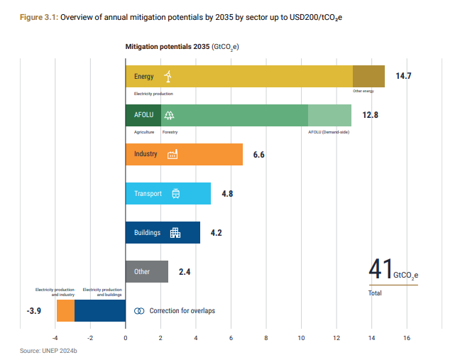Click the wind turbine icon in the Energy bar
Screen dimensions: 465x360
tap(168, 76)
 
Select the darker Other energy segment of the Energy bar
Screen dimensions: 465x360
tap(368, 76)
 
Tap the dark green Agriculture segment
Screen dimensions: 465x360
tap(143, 115)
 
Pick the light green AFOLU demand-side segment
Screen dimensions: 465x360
tap(329, 115)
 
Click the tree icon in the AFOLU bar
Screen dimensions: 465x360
tap(169, 115)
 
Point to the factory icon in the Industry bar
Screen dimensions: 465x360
tap(173, 154)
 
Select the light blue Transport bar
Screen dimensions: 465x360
tap(168, 193)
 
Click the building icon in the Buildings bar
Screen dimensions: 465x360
tap(175, 233)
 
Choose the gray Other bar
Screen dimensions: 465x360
tap(147, 272)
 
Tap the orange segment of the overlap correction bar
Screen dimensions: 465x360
tap(65, 310)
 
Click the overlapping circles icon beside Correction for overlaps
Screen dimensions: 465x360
tap(139, 311)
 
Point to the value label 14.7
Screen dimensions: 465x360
tap(403, 76)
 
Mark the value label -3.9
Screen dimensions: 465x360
tap(34, 311)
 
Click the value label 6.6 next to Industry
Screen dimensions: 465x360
tap(258, 155)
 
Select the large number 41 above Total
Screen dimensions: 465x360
tap(381, 269)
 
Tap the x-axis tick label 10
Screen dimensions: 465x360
tap(301, 338)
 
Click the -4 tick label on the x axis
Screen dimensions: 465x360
tap(55, 338)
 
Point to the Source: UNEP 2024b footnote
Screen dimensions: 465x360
tap(48, 351)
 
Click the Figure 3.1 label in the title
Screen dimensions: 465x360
tap(39, 17)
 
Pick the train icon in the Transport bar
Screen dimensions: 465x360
tap(176, 193)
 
